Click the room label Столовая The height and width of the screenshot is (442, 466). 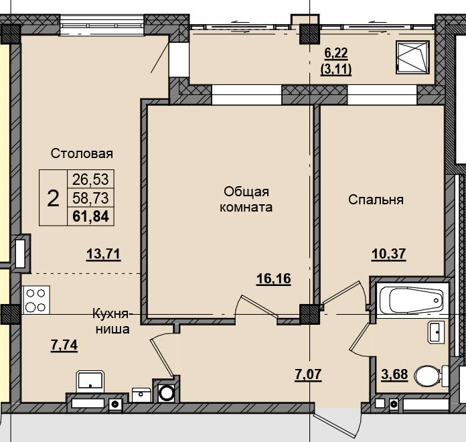tap(82, 153)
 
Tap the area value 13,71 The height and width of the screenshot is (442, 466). tap(103, 253)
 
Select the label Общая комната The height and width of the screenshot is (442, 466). tap(247, 200)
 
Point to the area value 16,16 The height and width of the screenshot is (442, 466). tap(274, 279)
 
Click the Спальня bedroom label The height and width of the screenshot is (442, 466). tap(376, 200)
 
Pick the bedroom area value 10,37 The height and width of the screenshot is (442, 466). tap(390, 253)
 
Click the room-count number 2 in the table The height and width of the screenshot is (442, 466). tap(53, 198)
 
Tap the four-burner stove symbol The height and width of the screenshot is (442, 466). tap(36, 300)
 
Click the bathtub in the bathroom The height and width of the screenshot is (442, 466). tap(410, 299)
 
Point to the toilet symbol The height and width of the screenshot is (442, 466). tap(429, 375)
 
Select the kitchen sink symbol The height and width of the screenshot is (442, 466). tap(89, 380)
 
